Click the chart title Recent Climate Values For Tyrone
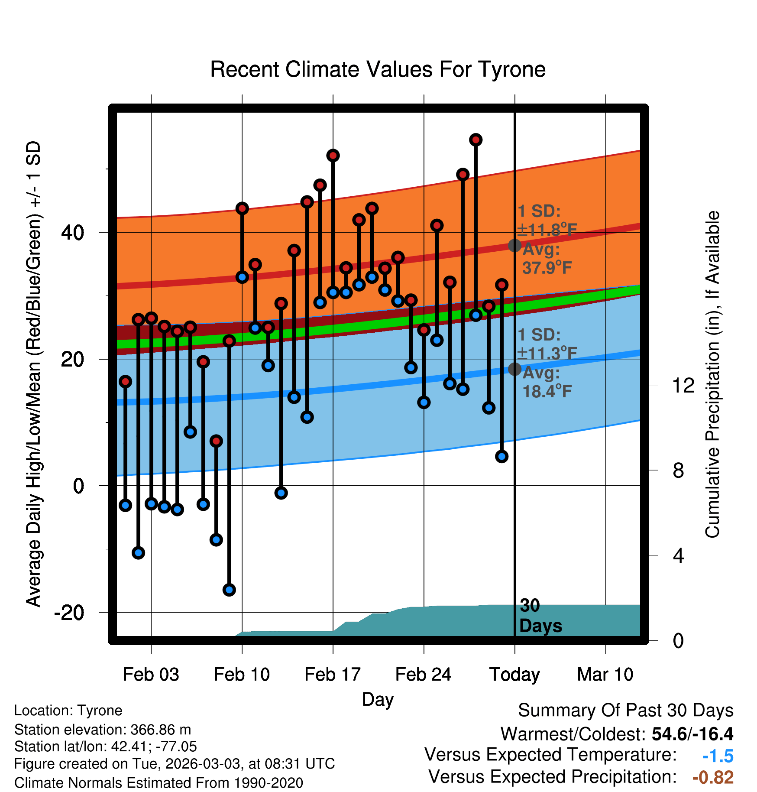coord(378,69)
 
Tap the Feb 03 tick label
coord(151,675)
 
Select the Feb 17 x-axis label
coord(333,675)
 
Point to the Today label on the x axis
coord(514,675)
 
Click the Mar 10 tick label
coord(605,675)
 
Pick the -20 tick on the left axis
coord(69,613)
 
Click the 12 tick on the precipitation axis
coord(683,385)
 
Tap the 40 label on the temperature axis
coord(72,233)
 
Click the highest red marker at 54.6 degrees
coord(476,140)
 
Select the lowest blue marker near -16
coord(229,590)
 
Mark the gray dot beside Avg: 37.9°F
coord(515,246)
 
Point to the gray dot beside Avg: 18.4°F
coord(515,369)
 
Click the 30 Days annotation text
coord(540,616)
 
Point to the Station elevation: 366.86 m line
coord(103,730)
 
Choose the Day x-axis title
coord(378,700)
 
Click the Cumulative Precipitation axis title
coord(712,374)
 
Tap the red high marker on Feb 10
coord(242,208)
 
